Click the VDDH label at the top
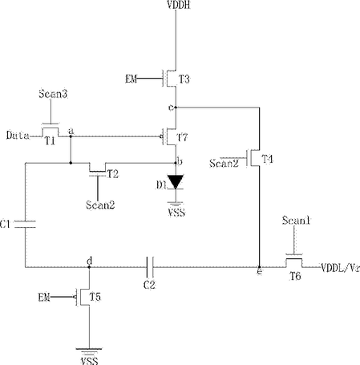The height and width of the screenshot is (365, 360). [179, 5]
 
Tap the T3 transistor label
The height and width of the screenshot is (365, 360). [184, 79]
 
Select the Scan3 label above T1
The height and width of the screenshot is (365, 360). [53, 94]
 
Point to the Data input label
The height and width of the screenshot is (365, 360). [18, 136]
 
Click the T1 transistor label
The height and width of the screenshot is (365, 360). [50, 140]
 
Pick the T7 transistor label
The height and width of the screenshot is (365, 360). [183, 137]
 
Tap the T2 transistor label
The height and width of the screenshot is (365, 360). [113, 174]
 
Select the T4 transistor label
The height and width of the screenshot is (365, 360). [267, 159]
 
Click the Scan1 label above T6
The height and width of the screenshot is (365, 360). [296, 221]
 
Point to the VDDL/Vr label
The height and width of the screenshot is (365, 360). [340, 268]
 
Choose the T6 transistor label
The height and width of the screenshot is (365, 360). [295, 276]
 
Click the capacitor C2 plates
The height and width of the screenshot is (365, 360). [150, 267]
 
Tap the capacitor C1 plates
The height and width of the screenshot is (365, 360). [25, 225]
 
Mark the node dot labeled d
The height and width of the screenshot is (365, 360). [89, 267]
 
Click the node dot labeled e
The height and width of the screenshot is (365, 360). [259, 267]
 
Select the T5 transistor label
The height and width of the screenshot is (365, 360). [95, 297]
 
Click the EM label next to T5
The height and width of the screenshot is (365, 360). [44, 297]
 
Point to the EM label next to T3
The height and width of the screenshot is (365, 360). [131, 79]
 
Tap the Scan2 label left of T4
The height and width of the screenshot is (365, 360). [224, 163]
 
